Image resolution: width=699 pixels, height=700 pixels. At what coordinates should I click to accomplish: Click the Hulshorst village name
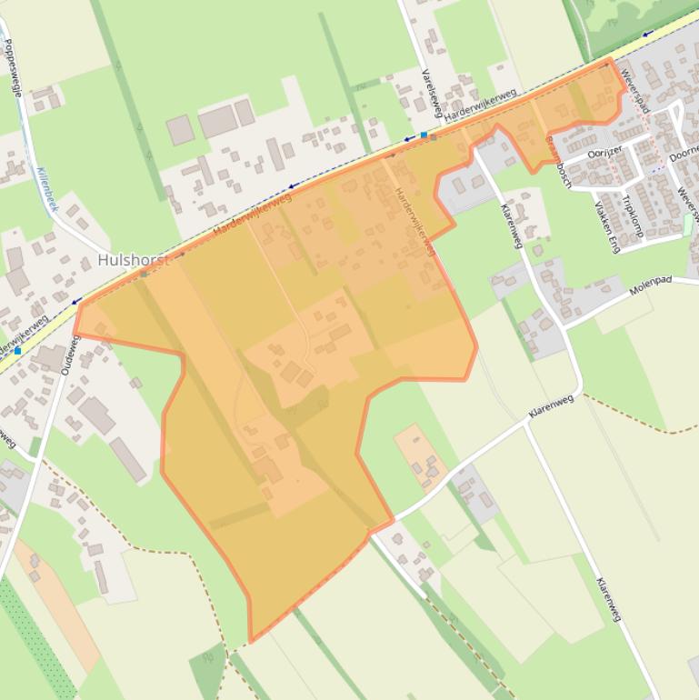click(133, 262)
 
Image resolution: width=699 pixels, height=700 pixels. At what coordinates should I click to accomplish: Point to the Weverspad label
click(636, 88)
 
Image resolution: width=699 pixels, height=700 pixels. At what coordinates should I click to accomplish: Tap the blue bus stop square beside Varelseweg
click(424, 135)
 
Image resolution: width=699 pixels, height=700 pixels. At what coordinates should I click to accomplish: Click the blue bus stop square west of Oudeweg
click(17, 349)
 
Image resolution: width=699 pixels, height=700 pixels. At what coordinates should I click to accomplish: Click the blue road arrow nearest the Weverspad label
click(647, 34)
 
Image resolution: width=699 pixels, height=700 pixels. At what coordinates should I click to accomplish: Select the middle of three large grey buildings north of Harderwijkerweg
click(217, 121)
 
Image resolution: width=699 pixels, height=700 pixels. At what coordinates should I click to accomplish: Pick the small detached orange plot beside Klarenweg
click(419, 455)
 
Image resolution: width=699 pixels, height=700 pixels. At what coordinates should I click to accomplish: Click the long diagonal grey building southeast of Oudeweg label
click(128, 459)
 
